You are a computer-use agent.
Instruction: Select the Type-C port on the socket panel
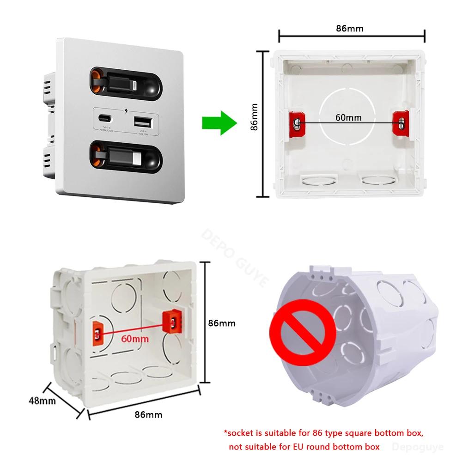106,117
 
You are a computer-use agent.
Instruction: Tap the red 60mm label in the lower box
135,339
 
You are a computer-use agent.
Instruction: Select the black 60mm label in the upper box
348,117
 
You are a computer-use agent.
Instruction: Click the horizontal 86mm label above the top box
349,28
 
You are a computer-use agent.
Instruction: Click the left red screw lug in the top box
297,123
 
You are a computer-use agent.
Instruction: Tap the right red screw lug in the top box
401,123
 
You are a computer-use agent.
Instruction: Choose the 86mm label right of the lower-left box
222,323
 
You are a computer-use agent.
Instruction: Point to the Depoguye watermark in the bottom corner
420,447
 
